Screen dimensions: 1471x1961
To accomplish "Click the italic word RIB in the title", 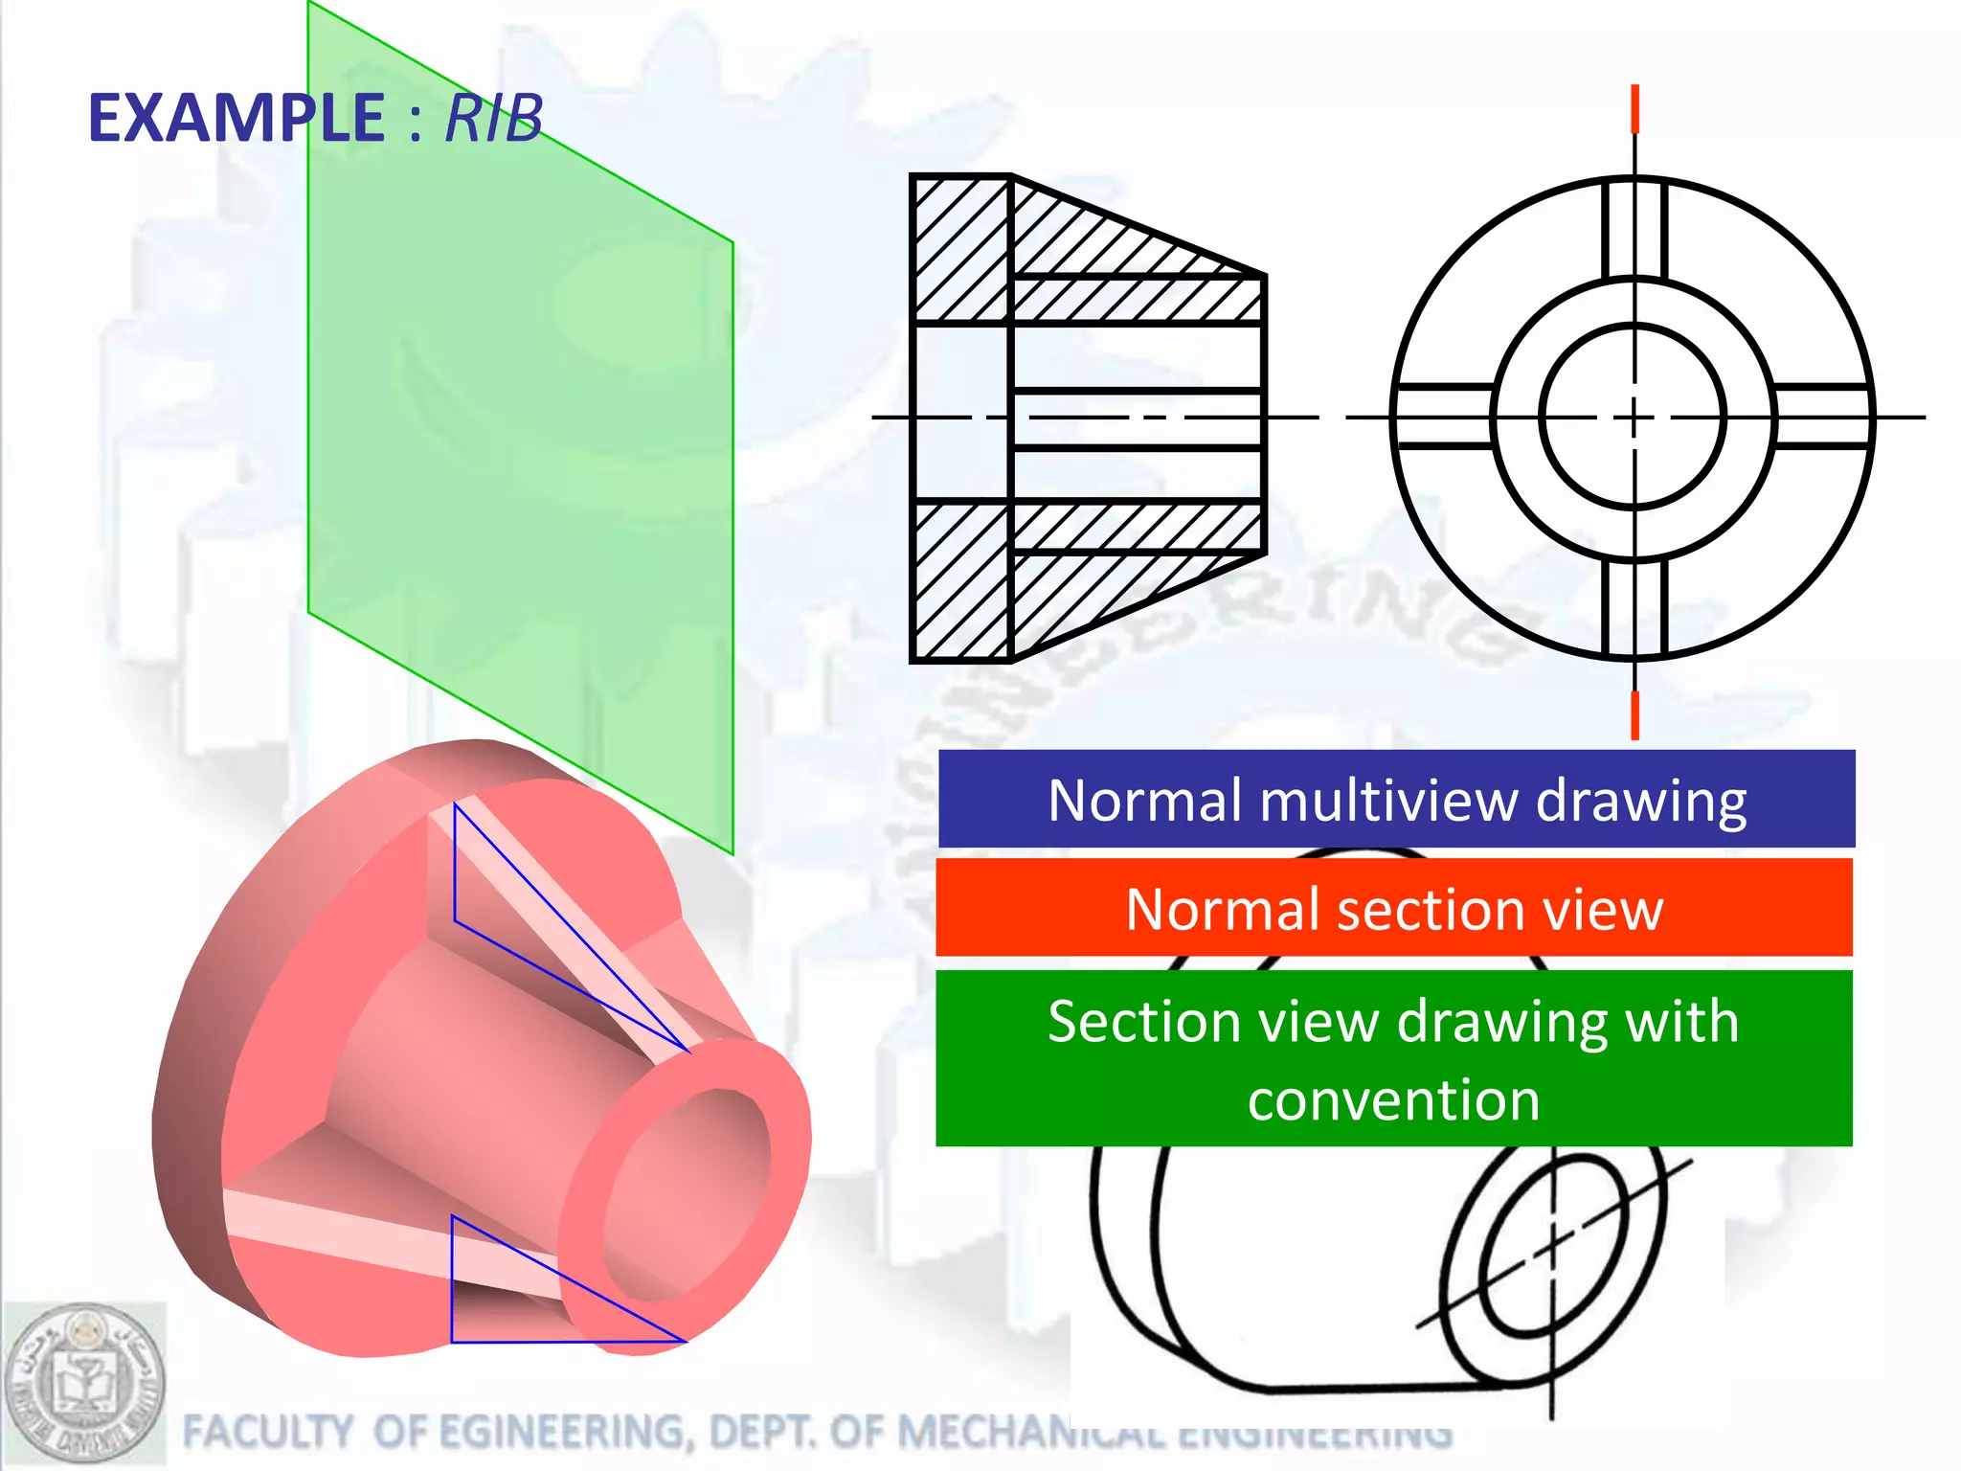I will (x=494, y=119).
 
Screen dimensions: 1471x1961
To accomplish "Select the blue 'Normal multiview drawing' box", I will (x=1396, y=800).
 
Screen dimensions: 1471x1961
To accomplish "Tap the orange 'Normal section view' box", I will (x=1394, y=908).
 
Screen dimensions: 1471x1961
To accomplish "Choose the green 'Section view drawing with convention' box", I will (x=1394, y=1058).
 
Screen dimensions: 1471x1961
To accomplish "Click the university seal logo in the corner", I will (x=84, y=1385).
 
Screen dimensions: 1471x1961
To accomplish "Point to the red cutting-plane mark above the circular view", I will (x=1634, y=108).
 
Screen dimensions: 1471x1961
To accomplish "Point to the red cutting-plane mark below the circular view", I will (x=1634, y=714).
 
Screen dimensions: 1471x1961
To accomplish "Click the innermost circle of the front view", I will (x=1634, y=418).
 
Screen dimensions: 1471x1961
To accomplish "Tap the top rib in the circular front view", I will (x=1634, y=230).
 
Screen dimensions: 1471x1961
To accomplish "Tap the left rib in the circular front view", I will (x=1444, y=417).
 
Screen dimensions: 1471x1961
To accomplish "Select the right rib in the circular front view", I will (x=1823, y=417).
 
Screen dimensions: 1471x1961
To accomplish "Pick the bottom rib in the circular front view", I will (x=1634, y=605).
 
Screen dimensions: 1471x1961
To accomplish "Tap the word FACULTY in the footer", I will (x=267, y=1433).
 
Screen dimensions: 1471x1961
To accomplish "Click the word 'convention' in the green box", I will (x=1394, y=1099).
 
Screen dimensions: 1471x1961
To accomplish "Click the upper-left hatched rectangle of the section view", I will (x=961, y=249).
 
